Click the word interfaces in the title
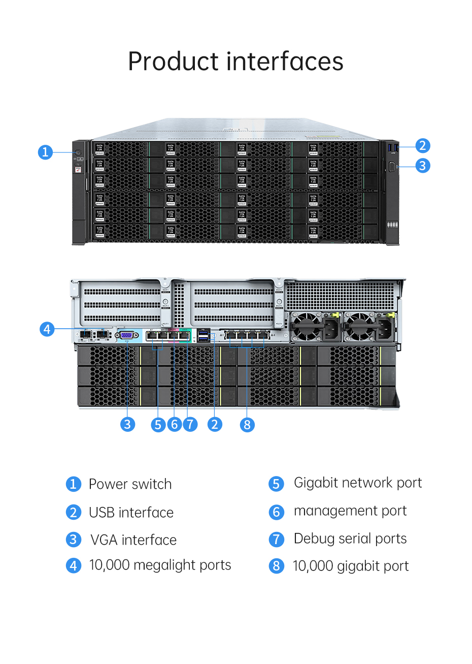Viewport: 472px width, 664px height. pos(285,61)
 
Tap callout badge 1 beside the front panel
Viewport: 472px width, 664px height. pos(45,152)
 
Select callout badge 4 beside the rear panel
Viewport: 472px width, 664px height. pos(47,329)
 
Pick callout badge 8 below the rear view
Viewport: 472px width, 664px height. pos(247,424)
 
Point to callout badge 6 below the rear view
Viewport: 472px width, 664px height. pos(174,424)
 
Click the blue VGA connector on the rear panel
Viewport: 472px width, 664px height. pos(127,335)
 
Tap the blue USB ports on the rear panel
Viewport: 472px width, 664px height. pos(204,335)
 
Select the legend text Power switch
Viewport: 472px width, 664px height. pos(130,484)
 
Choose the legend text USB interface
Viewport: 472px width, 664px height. pos(131,513)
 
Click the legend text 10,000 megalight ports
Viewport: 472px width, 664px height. pos(160,565)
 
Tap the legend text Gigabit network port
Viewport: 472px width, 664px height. pos(358,483)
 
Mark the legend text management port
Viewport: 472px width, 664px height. pos(350,511)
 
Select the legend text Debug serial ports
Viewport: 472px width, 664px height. pos(350,539)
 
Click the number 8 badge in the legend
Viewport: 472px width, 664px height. pos(276,566)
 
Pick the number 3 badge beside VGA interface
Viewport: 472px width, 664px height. pos(74,540)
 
